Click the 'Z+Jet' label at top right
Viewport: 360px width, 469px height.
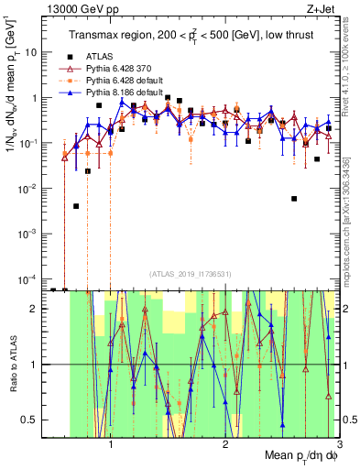coord(326,8)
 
